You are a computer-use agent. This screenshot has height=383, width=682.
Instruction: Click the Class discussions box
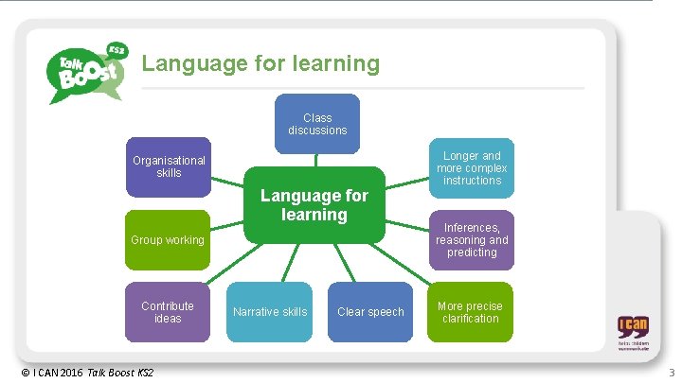click(318, 124)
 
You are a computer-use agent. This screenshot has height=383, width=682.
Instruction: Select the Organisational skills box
click(169, 167)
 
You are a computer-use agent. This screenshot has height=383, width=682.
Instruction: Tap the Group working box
click(168, 240)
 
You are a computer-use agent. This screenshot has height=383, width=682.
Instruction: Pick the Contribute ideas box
click(168, 312)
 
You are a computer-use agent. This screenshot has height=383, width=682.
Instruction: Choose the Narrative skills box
click(270, 312)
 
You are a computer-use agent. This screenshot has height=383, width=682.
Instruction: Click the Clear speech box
click(370, 312)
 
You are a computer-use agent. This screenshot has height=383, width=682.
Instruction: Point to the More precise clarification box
click(471, 312)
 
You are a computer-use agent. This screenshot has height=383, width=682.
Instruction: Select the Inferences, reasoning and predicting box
click(472, 240)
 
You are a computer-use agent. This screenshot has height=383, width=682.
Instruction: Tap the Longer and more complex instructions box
click(472, 167)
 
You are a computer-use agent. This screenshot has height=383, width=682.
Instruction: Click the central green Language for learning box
click(314, 206)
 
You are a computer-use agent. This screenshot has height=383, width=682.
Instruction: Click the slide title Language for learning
click(260, 64)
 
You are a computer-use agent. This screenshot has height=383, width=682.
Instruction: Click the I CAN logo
click(634, 333)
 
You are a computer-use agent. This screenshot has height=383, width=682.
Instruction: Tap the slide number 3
click(672, 373)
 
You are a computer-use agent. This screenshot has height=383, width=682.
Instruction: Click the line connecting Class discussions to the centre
click(317, 160)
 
